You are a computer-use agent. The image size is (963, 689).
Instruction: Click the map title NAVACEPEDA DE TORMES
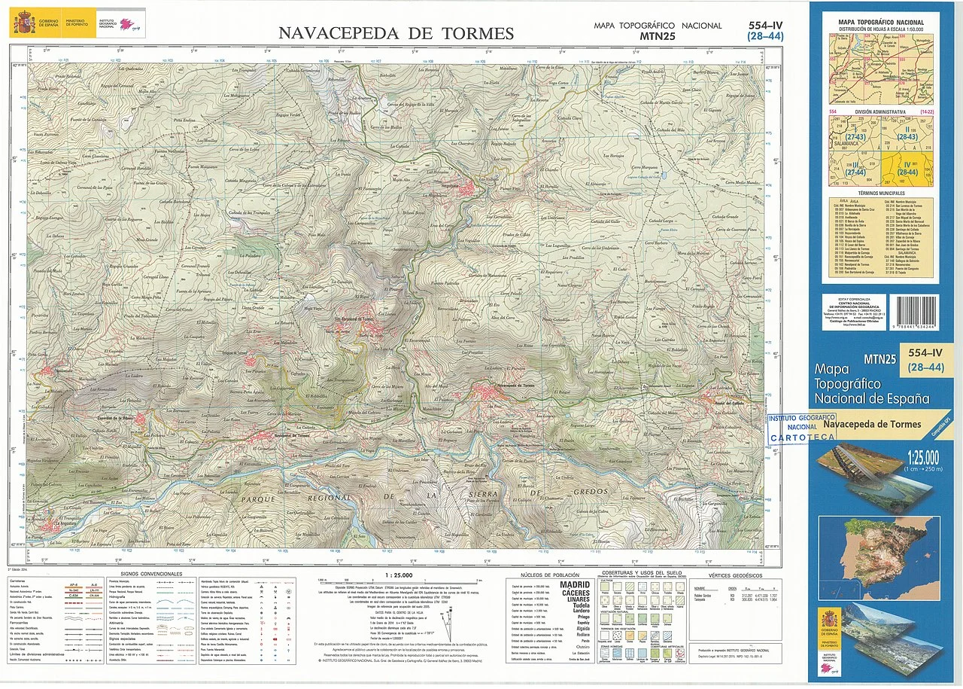click(x=396, y=33)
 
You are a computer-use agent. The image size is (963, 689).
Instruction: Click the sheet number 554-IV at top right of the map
click(x=765, y=25)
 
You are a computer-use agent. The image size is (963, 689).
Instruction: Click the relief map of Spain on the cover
click(x=879, y=547)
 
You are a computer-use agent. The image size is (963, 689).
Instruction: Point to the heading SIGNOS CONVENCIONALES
click(x=150, y=574)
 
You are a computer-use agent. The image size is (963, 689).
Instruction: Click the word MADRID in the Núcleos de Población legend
click(x=575, y=584)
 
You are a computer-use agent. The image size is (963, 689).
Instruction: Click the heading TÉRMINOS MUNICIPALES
click(x=881, y=194)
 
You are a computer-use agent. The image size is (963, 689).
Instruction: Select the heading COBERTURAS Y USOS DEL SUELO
click(x=641, y=574)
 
